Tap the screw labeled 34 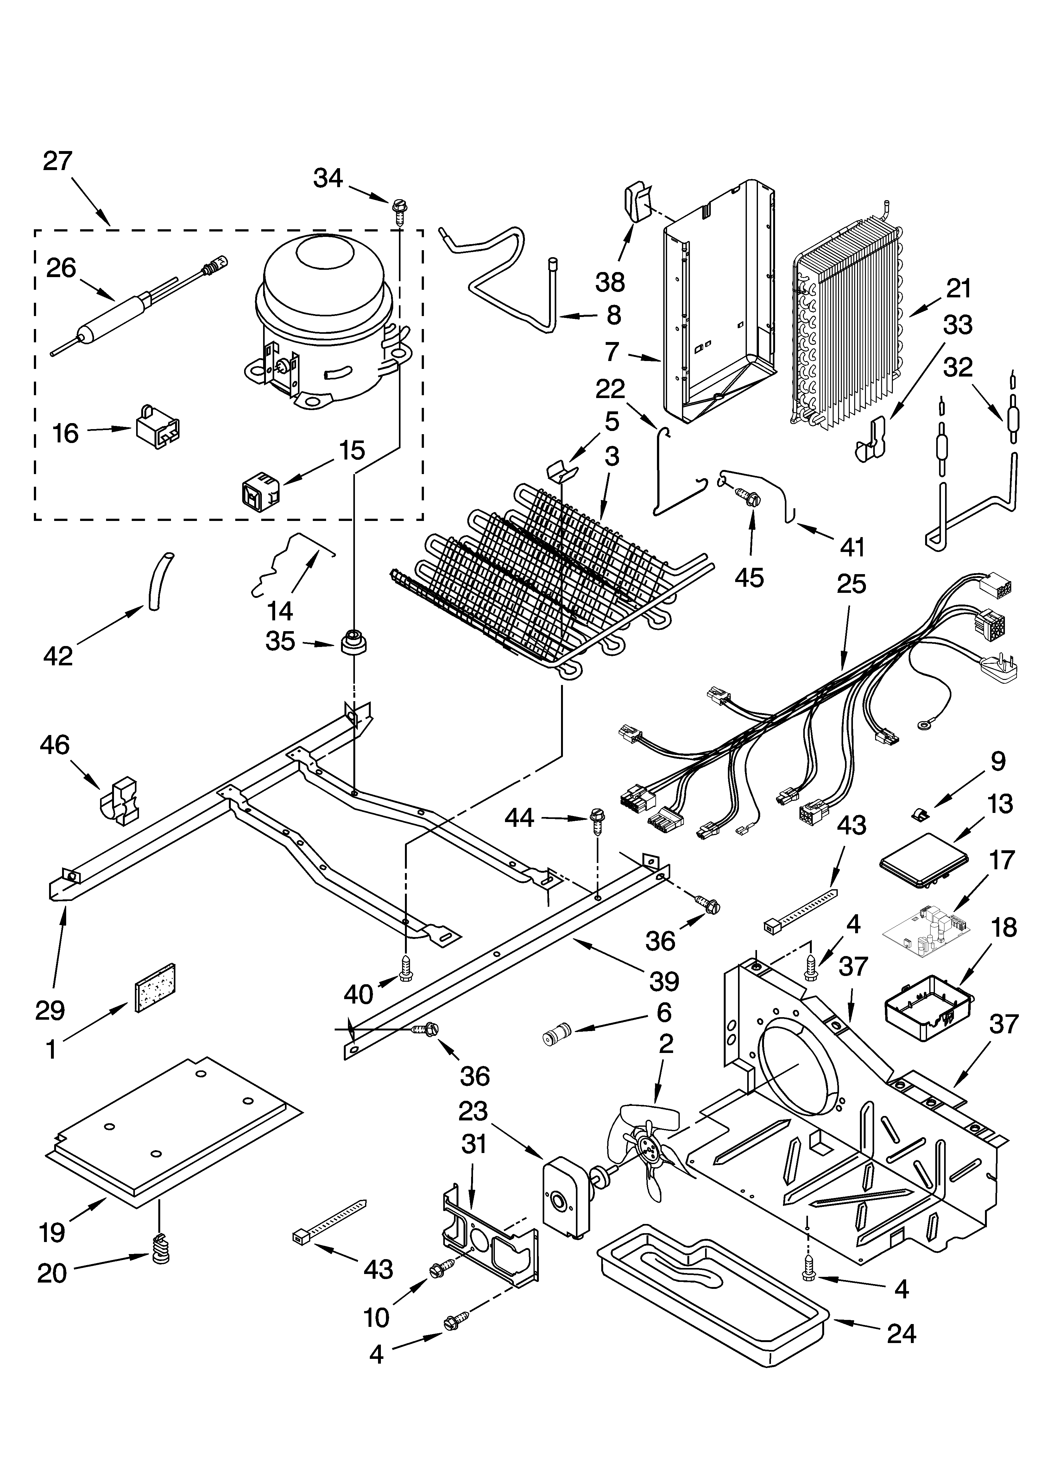398,211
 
